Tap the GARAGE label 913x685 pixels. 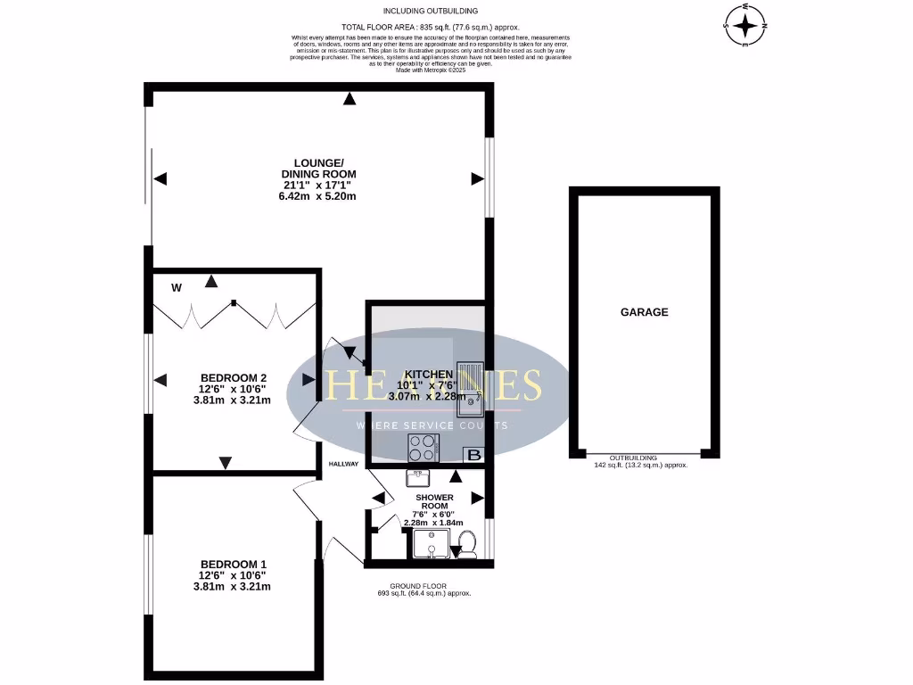pos(644,312)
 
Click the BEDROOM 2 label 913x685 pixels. pos(233,377)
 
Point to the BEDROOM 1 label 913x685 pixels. pos(233,564)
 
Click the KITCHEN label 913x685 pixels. pos(429,374)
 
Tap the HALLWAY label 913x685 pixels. pos(343,464)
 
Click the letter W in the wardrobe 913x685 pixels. pos(177,287)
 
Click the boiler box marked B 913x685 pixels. pos(474,456)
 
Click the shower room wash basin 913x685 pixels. pos(417,477)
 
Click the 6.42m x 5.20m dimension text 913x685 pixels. pos(318,196)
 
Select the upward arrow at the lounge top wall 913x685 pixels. pos(350,97)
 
